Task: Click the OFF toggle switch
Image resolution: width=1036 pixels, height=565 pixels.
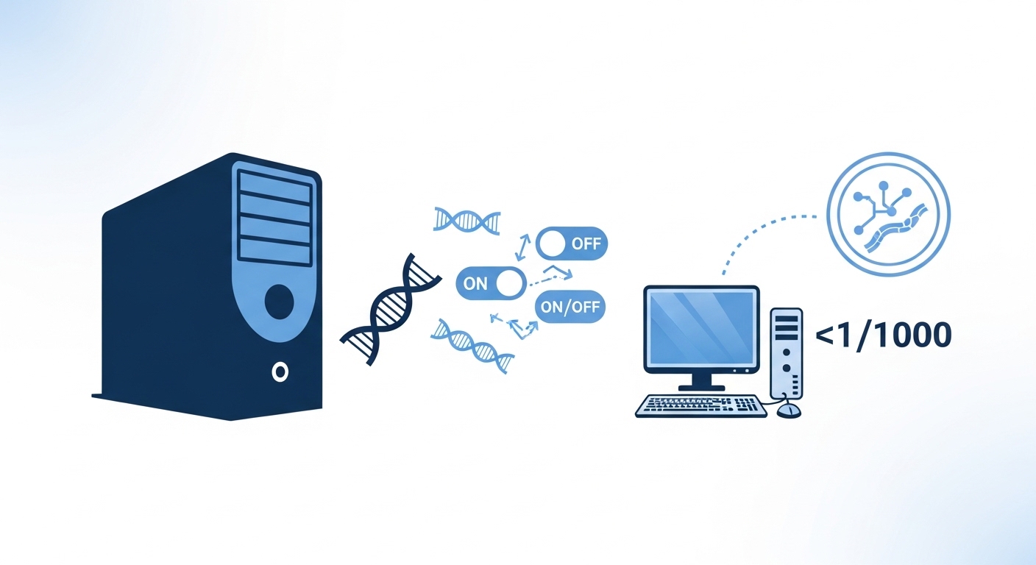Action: [x=572, y=244]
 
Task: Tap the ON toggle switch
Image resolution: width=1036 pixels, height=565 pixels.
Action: [x=492, y=283]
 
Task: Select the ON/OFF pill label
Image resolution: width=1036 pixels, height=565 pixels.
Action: [x=570, y=306]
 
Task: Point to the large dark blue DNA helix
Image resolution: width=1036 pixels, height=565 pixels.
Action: [x=391, y=309]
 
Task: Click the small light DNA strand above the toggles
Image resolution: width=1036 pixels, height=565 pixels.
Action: [x=466, y=220]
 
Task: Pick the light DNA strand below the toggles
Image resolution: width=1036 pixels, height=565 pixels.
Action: [x=472, y=345]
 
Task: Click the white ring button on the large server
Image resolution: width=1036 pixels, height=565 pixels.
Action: [x=280, y=372]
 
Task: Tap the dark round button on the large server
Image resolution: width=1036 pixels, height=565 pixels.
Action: [x=280, y=302]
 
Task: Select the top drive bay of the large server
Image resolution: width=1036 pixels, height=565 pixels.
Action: [x=274, y=186]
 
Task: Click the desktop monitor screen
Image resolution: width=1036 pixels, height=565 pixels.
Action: [x=702, y=328]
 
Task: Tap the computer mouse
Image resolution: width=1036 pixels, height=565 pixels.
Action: [x=789, y=410]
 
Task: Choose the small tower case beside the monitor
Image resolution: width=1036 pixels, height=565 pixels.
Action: [x=787, y=353]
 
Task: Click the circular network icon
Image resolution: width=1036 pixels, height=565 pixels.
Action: [x=888, y=214]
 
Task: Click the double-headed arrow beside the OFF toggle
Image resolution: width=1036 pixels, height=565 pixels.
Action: [x=522, y=247]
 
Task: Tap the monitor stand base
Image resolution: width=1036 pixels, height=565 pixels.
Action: [x=702, y=387]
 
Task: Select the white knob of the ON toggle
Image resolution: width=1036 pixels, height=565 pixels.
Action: [x=510, y=283]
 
